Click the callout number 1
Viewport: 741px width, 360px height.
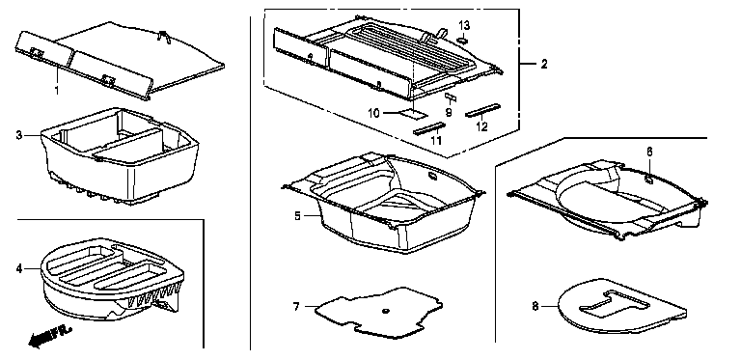click(57, 90)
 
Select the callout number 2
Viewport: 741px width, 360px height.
click(544, 65)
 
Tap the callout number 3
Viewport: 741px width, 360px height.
click(19, 135)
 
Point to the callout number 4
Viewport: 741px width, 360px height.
click(19, 269)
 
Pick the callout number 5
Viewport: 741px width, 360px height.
click(297, 216)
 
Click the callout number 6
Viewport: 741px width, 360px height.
click(649, 152)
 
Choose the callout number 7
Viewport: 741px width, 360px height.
click(296, 307)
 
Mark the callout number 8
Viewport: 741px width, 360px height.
click(535, 307)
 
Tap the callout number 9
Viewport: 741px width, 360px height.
click(449, 113)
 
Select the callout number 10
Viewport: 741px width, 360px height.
click(373, 113)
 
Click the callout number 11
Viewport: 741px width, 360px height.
click(436, 140)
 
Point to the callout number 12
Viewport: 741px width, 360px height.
click(481, 126)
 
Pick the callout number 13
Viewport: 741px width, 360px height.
click(464, 25)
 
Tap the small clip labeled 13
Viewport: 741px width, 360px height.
click(463, 41)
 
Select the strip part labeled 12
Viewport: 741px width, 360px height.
click(482, 110)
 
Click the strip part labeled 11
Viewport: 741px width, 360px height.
click(429, 128)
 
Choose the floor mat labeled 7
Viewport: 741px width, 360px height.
click(378, 312)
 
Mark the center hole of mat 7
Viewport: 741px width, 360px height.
click(386, 311)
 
